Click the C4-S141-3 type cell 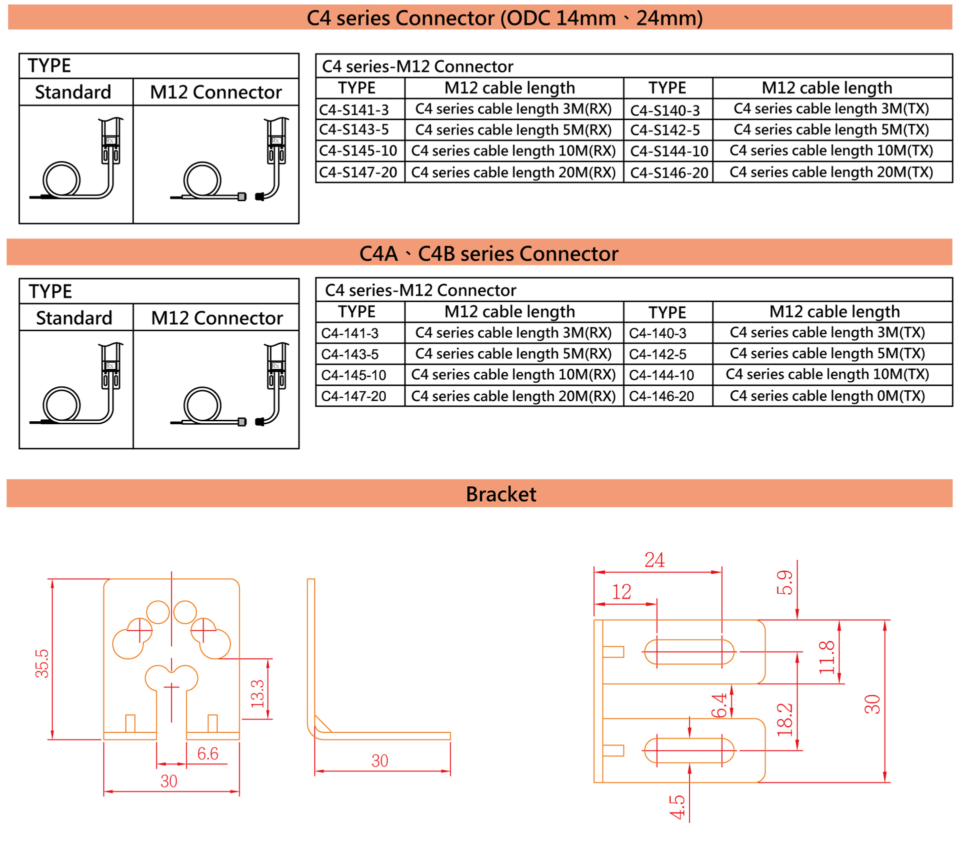coord(353,110)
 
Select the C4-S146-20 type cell coord(668,173)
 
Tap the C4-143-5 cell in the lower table coord(349,354)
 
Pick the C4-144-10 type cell coord(661,375)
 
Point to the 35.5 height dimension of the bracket coord(42,663)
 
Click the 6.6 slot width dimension coord(207,753)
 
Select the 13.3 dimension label coord(257,693)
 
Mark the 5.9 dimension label coord(784,582)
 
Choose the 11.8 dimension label coord(827,657)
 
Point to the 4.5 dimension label coord(677,807)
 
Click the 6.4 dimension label coord(719,705)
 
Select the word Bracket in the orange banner coord(500,494)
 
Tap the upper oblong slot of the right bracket coord(689,652)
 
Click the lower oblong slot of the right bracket coord(689,750)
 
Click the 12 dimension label coord(621,592)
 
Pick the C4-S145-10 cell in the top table coord(358,151)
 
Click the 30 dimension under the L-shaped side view coord(379,761)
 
